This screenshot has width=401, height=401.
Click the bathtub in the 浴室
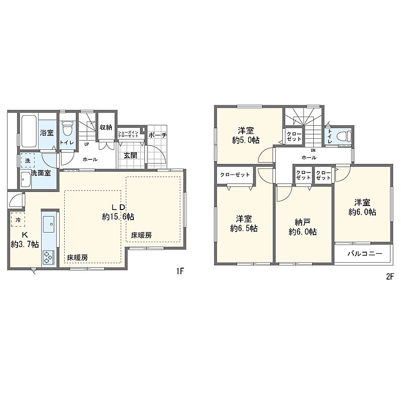point(30,131)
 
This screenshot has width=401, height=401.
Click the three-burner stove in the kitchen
point(48,257)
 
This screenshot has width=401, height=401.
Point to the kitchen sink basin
point(48,224)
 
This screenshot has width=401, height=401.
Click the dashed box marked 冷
point(18,220)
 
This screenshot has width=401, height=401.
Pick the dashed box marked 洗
point(28,160)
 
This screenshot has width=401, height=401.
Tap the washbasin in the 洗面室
point(26,179)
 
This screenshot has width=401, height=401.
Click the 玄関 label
point(130,155)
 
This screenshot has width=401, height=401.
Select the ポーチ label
point(157,135)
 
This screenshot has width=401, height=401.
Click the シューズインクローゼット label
point(128,134)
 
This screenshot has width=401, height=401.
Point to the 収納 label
point(106,127)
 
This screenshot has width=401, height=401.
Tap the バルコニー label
point(365,254)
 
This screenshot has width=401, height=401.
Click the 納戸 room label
point(303,222)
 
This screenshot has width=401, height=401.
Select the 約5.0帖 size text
point(246,140)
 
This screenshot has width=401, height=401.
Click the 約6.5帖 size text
point(244,229)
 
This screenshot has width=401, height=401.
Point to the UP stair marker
point(87,144)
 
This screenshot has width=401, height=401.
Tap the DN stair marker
point(313,150)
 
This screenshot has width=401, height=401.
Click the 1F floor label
point(180,271)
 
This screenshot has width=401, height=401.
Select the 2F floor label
point(389,277)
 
